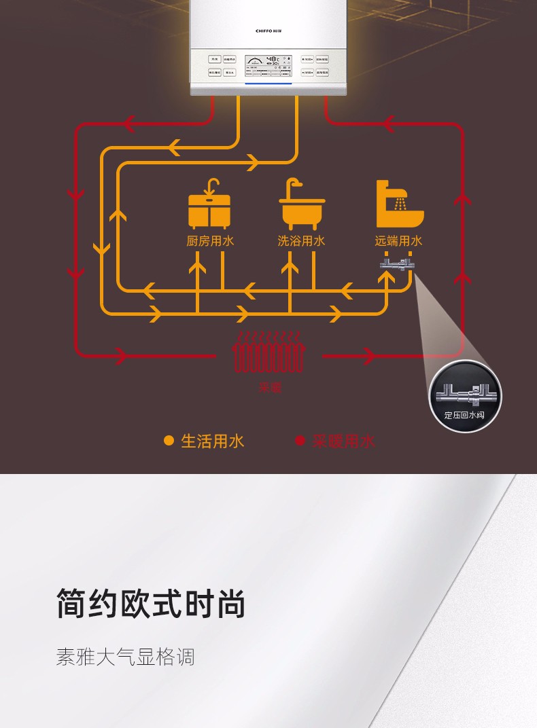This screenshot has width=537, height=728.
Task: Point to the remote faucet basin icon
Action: point(400,204)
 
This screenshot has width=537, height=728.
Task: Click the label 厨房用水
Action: point(210,241)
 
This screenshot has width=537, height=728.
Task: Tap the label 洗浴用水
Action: point(302,241)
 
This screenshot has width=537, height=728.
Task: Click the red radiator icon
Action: point(268,352)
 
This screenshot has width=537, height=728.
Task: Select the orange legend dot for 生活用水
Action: point(169,441)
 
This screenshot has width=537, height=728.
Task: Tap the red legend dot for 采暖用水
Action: point(300,441)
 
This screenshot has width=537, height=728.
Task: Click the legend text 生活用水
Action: point(213,441)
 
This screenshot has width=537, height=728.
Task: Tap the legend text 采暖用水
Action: point(344,441)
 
